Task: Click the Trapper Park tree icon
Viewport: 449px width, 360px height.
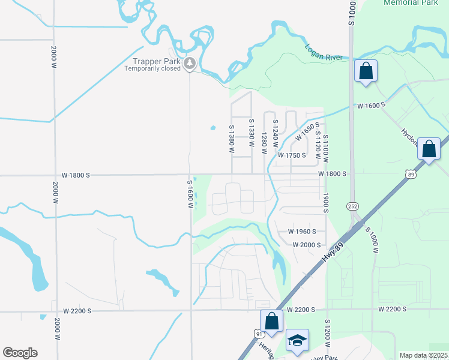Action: pyautogui.click(x=190, y=62)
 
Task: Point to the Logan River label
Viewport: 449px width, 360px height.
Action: pyautogui.click(x=323, y=53)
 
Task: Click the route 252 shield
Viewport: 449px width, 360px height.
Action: pyautogui.click(x=352, y=206)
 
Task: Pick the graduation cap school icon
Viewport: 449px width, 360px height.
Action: pyautogui.click(x=297, y=340)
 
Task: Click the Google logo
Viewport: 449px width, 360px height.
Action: pyautogui.click(x=20, y=353)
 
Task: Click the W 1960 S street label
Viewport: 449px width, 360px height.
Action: pyautogui.click(x=302, y=231)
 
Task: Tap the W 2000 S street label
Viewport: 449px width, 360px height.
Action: pyautogui.click(x=307, y=245)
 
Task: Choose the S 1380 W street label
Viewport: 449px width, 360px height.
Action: pyautogui.click(x=231, y=139)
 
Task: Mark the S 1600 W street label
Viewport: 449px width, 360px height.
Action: pyautogui.click(x=190, y=194)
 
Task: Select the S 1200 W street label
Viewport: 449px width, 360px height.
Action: pyautogui.click(x=328, y=335)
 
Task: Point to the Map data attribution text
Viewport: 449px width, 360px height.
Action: pyautogui.click(x=423, y=355)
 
